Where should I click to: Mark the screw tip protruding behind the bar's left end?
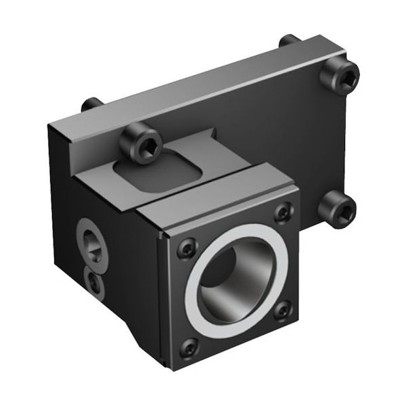click(x=91, y=104)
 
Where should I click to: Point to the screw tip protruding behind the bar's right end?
click(x=288, y=41)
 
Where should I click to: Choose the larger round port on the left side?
click(x=91, y=244)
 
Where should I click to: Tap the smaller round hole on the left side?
click(x=95, y=283)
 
